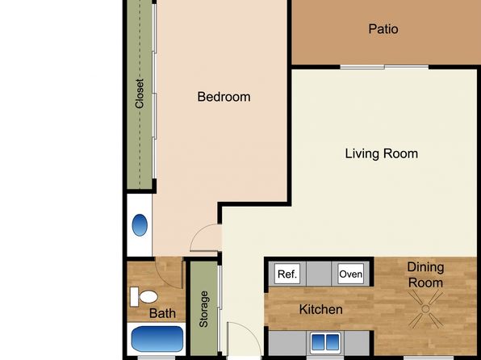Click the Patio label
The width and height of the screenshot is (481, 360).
click(x=383, y=29)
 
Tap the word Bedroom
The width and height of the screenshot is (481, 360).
click(x=224, y=97)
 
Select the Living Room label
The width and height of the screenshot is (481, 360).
click(x=381, y=153)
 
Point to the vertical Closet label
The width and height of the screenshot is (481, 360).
click(x=140, y=94)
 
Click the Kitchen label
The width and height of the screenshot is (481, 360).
click(x=321, y=309)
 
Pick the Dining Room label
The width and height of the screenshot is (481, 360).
click(x=425, y=274)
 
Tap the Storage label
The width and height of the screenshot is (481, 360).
click(x=203, y=309)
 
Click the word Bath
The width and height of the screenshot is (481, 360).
click(x=162, y=313)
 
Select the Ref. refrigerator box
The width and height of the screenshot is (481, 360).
click(x=287, y=274)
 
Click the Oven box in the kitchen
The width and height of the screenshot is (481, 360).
click(x=350, y=274)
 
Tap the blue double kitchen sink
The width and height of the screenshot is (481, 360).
click(x=325, y=342)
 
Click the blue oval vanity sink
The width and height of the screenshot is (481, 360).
click(x=140, y=225)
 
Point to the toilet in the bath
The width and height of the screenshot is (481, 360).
click(x=144, y=297)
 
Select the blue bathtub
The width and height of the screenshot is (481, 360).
click(x=157, y=339)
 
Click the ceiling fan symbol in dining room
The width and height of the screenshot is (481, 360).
click(x=425, y=309)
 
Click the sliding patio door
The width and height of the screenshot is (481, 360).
click(x=384, y=67)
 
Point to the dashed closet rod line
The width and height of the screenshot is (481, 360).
click(x=140, y=94)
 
